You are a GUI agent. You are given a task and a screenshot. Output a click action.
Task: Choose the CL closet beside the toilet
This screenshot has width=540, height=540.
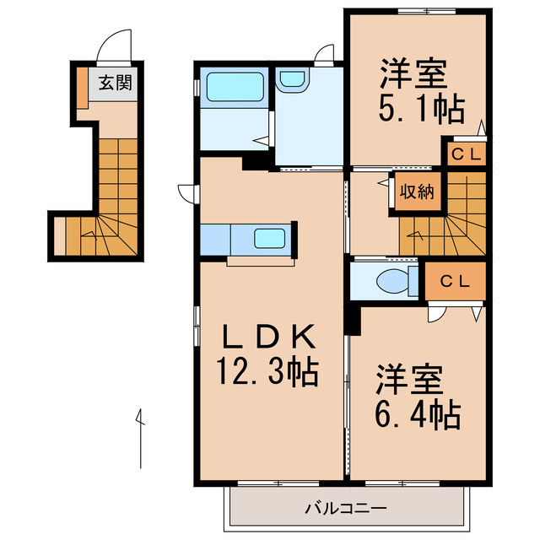pos(455,281)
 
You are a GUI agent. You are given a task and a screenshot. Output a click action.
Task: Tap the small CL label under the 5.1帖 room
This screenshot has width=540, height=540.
pos(465,154)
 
